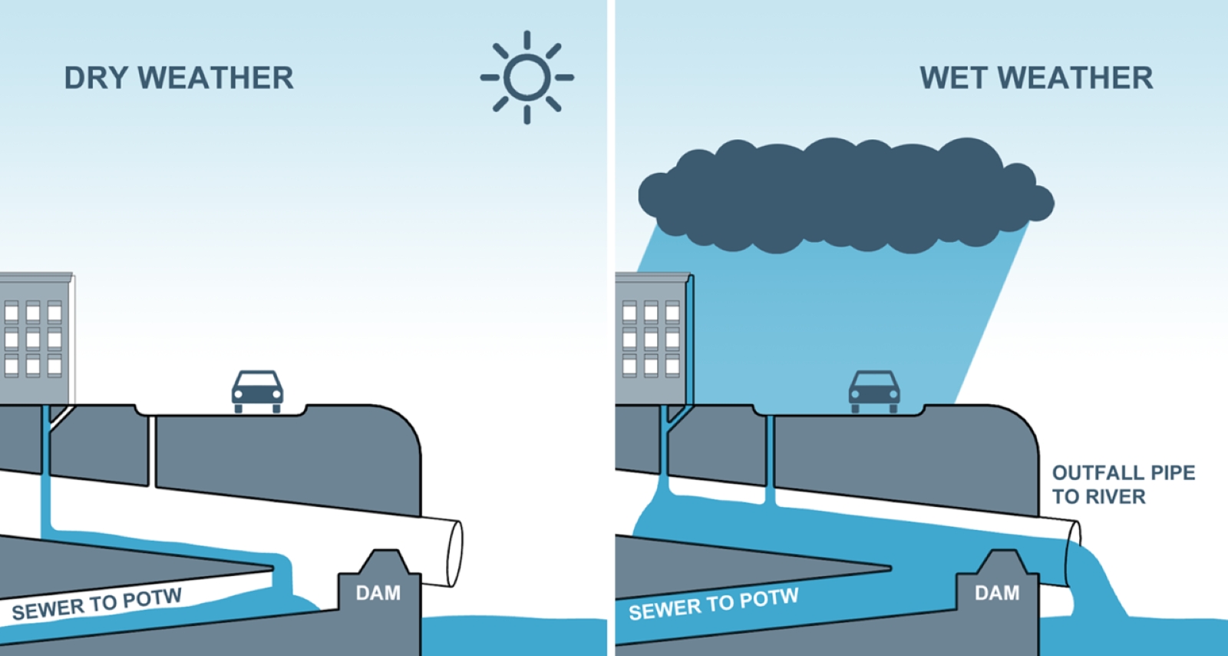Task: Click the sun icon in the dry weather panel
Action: [527, 78]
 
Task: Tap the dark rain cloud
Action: [844, 196]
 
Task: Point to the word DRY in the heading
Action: [97, 78]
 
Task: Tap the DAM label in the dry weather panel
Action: [378, 593]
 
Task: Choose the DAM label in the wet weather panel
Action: [997, 593]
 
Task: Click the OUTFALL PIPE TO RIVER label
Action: [1123, 484]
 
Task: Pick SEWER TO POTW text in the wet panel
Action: [714, 604]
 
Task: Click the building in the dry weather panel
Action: [35, 338]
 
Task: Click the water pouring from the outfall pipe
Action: [1094, 584]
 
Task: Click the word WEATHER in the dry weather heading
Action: [216, 78]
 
